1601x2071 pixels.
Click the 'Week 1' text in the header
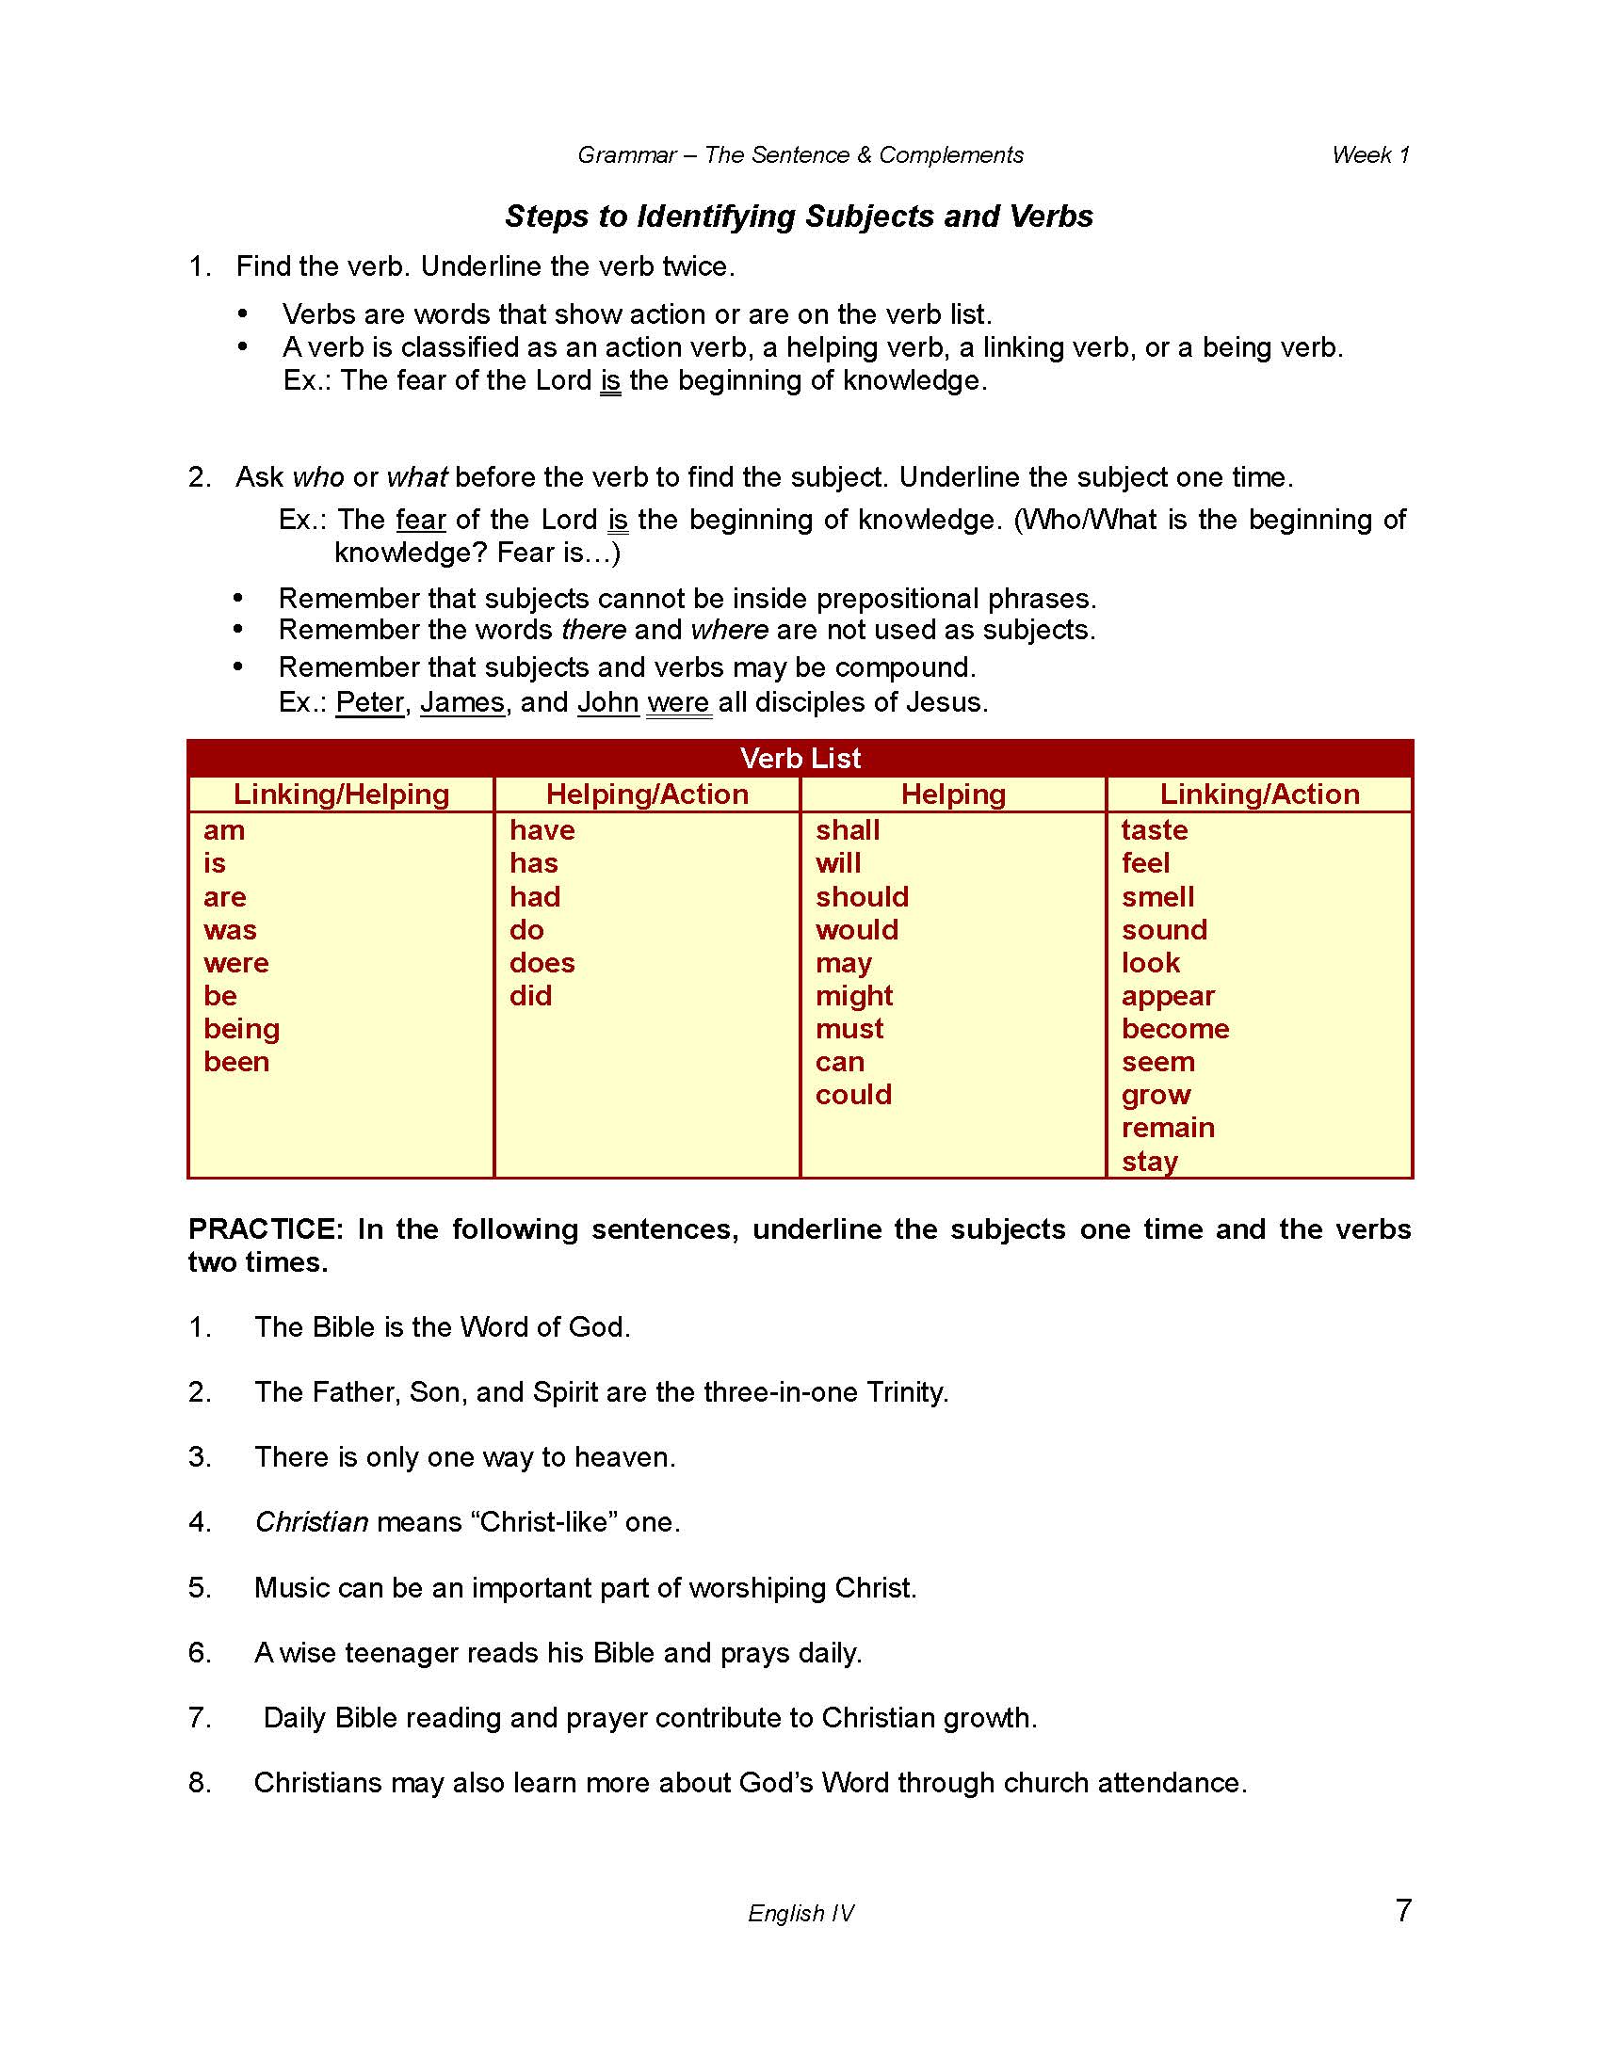(1369, 154)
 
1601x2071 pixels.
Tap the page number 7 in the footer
(1403, 1909)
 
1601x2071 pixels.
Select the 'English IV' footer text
(800, 1913)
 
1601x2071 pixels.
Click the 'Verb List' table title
(800, 758)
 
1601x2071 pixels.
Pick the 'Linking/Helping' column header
(342, 794)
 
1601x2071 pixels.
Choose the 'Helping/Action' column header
(647, 794)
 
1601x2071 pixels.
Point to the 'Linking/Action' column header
(1258, 794)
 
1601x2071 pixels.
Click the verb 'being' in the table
(241, 1029)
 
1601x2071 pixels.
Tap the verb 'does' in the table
(542, 962)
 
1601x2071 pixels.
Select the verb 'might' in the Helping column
(853, 996)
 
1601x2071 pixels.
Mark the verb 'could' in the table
(852, 1094)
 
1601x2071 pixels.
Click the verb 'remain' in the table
(1168, 1128)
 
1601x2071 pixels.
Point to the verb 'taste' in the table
(1155, 829)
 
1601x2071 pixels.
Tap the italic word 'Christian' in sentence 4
(311, 1522)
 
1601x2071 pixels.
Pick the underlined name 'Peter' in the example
(370, 702)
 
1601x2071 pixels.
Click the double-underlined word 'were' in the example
(678, 702)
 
